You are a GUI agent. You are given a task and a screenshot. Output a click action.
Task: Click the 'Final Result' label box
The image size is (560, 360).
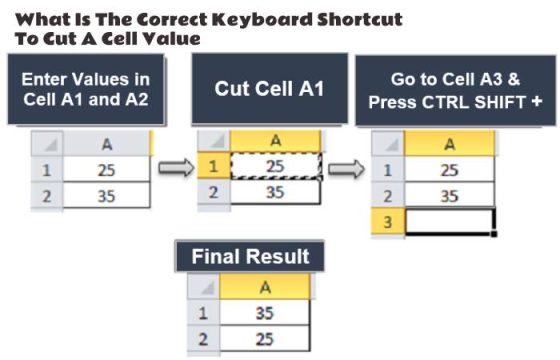pos(250,256)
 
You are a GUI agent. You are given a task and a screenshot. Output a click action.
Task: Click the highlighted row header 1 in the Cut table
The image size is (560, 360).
pos(213,166)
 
